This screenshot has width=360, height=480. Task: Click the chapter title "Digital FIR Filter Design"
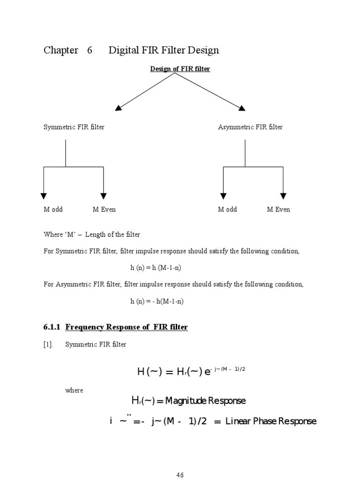click(x=164, y=50)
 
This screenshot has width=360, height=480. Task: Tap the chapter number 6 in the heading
click(x=90, y=50)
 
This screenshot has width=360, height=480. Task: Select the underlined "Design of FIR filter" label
click(x=180, y=69)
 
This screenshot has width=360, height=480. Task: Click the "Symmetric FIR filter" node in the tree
click(x=74, y=127)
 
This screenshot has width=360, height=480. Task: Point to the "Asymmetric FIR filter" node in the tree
click(x=250, y=127)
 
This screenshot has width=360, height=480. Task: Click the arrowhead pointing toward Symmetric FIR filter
click(x=119, y=108)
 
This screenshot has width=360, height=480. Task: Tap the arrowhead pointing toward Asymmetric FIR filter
click(x=242, y=108)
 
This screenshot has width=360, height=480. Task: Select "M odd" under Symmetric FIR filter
click(x=53, y=210)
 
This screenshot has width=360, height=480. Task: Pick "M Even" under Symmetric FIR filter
click(x=104, y=210)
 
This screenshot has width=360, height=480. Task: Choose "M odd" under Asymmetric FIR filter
click(x=227, y=210)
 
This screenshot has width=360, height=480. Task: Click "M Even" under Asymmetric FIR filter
click(x=278, y=210)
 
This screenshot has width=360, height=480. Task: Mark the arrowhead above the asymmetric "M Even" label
click(x=283, y=196)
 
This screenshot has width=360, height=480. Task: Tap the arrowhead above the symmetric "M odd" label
click(x=44, y=196)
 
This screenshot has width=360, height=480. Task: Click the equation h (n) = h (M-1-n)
click(x=157, y=268)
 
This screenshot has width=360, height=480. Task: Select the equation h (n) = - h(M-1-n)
click(x=157, y=301)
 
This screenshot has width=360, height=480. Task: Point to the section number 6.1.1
click(x=52, y=327)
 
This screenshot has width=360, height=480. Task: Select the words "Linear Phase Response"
click(x=271, y=421)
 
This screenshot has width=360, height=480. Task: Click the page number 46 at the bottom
click(x=180, y=475)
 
